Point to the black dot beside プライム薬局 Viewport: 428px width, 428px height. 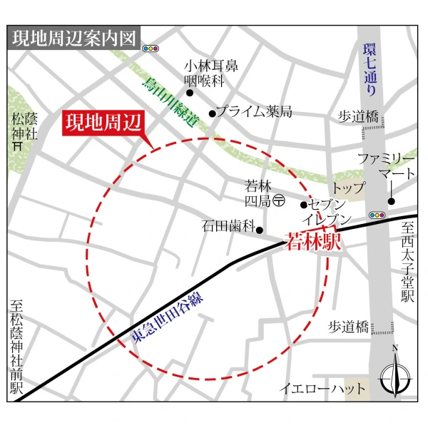(212, 113)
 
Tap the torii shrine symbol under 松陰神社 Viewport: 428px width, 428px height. (17, 144)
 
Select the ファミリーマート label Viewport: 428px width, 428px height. (385, 165)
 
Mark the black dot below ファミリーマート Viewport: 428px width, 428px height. (391, 200)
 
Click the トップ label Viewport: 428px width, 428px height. (348, 189)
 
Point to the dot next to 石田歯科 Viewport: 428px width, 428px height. (260, 230)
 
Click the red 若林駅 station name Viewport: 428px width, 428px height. (313, 241)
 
